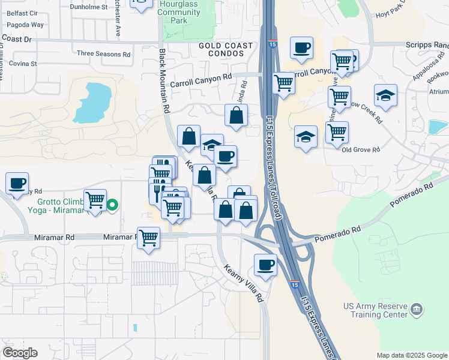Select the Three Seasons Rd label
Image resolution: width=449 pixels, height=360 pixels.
click(104, 53)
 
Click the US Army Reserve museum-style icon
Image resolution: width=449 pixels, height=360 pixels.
click(417, 310)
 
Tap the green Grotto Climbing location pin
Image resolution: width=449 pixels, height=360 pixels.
click(112, 205)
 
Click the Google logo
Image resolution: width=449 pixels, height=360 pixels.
click(20, 353)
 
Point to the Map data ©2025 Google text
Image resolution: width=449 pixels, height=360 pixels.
click(411, 355)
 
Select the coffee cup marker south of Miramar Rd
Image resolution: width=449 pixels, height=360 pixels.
click(265, 264)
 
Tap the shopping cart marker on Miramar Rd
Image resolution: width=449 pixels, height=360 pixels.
click(148, 238)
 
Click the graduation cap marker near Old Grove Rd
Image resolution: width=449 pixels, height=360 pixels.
click(306, 136)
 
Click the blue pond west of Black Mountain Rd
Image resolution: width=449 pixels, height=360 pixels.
click(93, 103)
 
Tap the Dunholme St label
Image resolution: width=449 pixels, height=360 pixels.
click(88, 7)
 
